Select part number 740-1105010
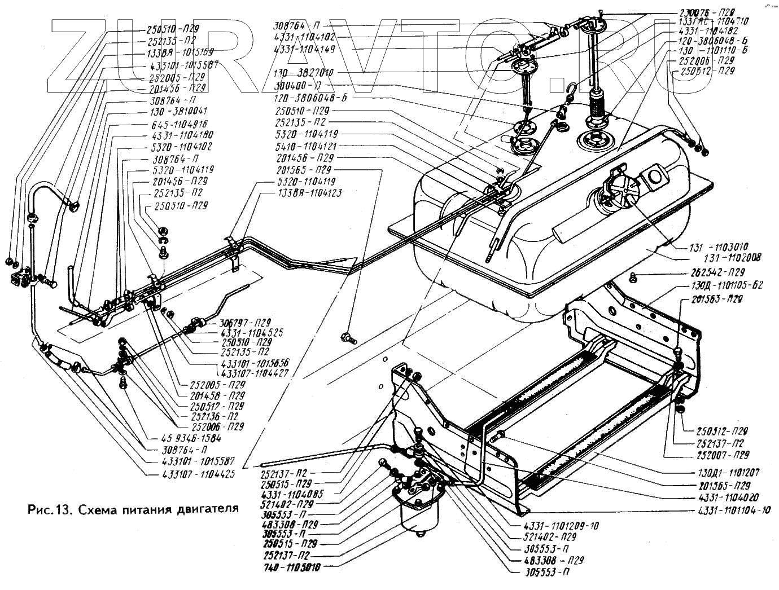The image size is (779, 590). [x=292, y=567]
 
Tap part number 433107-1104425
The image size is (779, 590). [x=190, y=474]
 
